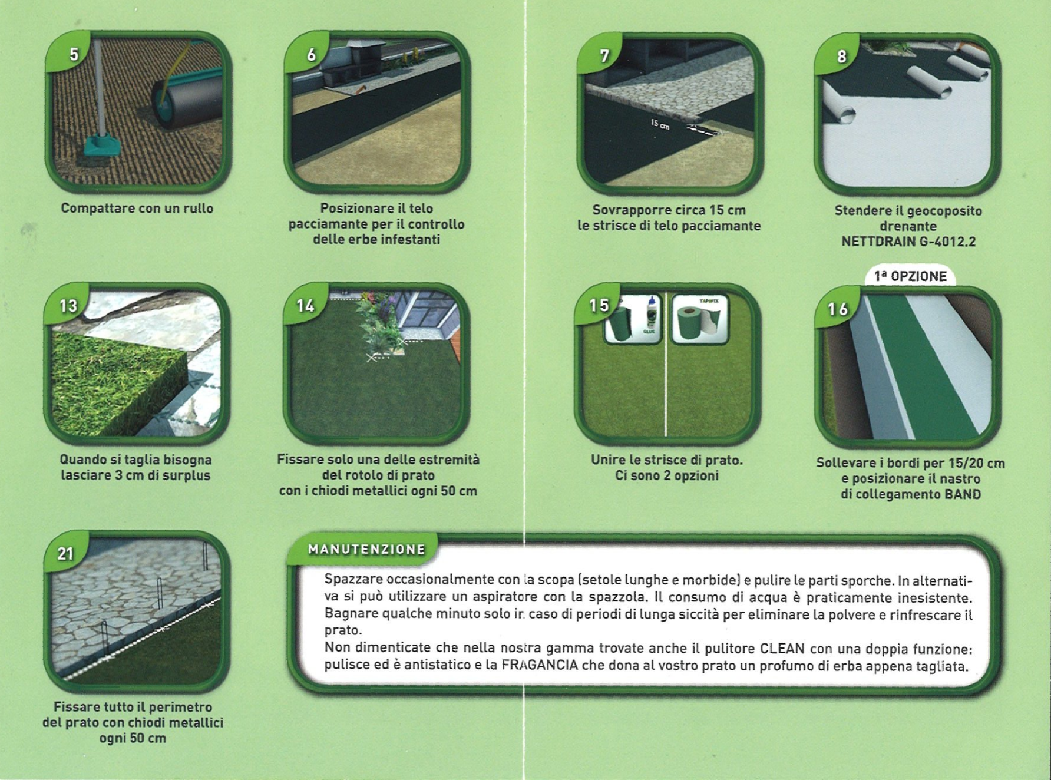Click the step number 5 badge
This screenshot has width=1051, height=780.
(x=70, y=52)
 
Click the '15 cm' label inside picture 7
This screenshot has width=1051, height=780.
(x=660, y=124)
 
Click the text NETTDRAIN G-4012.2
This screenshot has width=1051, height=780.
(x=908, y=242)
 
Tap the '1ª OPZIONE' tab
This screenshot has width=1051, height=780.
(x=910, y=276)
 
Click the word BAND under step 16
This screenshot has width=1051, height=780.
(x=963, y=494)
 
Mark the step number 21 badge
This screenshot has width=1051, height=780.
(x=65, y=552)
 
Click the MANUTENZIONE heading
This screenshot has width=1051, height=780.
(x=366, y=549)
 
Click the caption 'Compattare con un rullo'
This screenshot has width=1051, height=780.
(x=137, y=208)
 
